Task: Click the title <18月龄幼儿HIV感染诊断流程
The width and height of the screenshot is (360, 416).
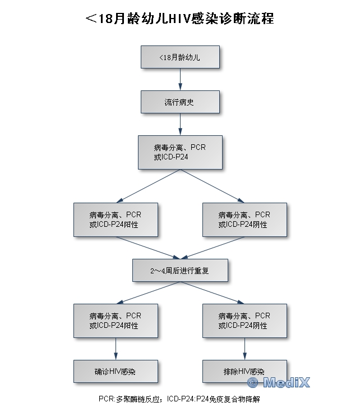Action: tap(180, 19)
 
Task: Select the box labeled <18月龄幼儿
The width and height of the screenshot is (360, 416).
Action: tap(180, 57)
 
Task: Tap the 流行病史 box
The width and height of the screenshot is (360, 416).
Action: tap(180, 102)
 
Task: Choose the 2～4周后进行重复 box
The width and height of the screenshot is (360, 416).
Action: tap(180, 271)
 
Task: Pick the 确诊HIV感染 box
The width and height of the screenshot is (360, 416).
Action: tap(116, 371)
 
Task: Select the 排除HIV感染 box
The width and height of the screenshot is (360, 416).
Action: tap(244, 371)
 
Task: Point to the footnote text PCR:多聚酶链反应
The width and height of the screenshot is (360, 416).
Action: tap(130, 399)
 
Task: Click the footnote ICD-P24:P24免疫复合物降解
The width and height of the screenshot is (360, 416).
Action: tap(215, 399)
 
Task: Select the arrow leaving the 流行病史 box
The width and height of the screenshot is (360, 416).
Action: tap(180, 125)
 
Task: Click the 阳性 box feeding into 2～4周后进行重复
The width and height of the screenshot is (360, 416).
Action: tap(116, 220)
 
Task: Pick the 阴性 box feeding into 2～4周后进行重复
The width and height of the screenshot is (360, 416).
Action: tap(244, 220)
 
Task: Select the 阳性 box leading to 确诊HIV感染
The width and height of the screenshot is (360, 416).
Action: tap(116, 321)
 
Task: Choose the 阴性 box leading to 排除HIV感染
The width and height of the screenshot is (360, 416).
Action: tap(244, 321)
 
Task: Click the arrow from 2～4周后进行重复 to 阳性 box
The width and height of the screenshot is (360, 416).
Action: tap(148, 292)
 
